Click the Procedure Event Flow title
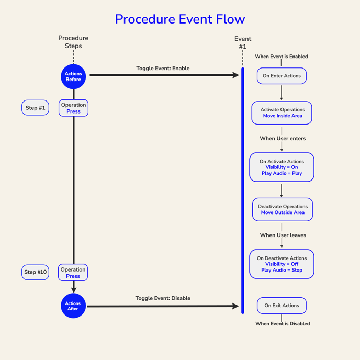click(180, 19)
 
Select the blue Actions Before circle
click(73, 76)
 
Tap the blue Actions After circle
click(73, 306)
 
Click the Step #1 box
click(36, 108)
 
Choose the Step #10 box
click(36, 272)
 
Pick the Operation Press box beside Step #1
click(73, 108)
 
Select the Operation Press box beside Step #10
click(73, 273)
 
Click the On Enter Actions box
click(282, 76)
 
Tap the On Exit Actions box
click(282, 306)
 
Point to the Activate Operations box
click(282, 113)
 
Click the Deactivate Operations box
click(282, 209)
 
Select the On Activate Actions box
click(282, 167)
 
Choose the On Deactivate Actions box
click(282, 264)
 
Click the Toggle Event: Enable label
click(163, 69)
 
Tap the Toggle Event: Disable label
click(163, 298)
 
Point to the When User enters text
click(283, 139)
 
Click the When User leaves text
click(283, 235)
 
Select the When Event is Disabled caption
click(283, 324)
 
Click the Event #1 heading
click(243, 42)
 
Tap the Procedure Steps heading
click(73, 42)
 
